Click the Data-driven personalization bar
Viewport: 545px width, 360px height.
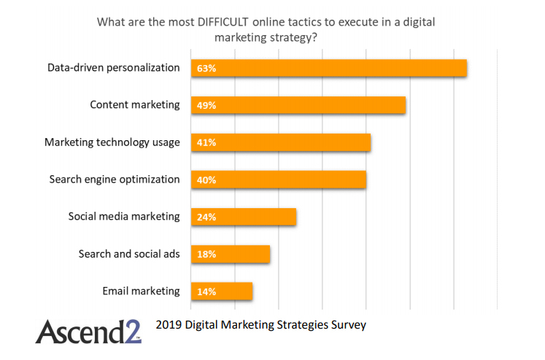(328, 68)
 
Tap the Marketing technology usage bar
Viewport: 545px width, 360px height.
(280, 142)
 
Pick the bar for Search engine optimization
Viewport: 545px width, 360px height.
(278, 180)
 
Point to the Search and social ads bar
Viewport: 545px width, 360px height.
(230, 254)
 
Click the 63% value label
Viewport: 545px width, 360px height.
(206, 69)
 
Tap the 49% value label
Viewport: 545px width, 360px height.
(206, 106)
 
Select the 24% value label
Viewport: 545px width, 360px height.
(206, 218)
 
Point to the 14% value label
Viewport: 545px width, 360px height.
(206, 292)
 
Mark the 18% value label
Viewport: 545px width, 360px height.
(206, 255)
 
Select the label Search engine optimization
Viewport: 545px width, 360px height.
(115, 179)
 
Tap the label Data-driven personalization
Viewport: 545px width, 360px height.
(113, 67)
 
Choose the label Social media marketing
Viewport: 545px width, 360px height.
(124, 216)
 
